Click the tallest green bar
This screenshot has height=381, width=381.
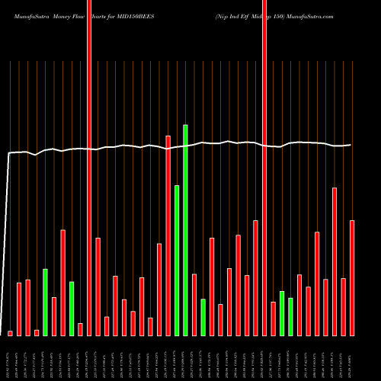click(x=185, y=229)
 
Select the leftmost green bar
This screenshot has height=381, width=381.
click(x=45, y=302)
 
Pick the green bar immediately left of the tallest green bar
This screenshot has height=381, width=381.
click(x=177, y=260)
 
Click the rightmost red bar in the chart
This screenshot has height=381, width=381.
click(x=352, y=277)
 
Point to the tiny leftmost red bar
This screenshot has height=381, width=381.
click(x=10, y=333)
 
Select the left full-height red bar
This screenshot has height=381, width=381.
click(x=89, y=168)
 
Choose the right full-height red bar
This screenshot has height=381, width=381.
click(x=264, y=168)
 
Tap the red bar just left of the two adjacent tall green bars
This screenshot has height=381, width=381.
click(x=168, y=235)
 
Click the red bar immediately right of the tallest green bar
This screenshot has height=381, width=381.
click(x=194, y=304)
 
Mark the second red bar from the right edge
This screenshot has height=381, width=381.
click(x=343, y=306)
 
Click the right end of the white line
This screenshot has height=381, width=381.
click(x=351, y=145)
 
